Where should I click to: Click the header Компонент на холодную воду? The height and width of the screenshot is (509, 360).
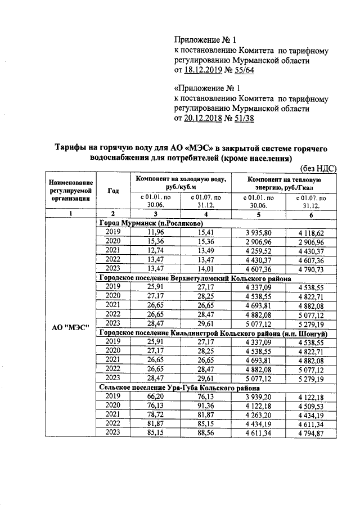coord(180,182)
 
